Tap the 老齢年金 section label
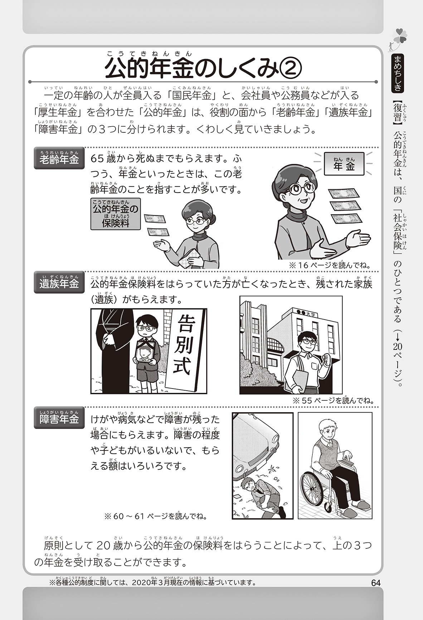(59, 158)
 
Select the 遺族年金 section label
(59, 282)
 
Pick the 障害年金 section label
(59, 418)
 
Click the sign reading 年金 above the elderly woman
(344, 164)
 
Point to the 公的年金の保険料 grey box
(115, 214)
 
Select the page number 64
(375, 583)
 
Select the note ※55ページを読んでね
(333, 400)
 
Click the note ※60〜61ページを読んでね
(156, 517)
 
